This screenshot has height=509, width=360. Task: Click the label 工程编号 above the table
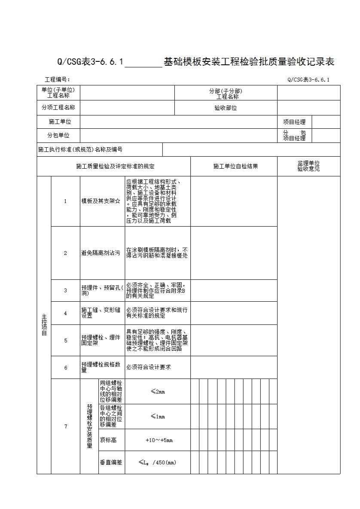pyautogui.click(x=58, y=79)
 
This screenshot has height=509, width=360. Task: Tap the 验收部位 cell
pyautogui.click(x=226, y=108)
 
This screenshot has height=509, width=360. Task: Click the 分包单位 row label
pyautogui.click(x=58, y=136)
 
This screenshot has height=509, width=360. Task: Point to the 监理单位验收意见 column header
pyautogui.click(x=308, y=166)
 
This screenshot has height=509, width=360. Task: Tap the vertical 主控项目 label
pyautogui.click(x=44, y=325)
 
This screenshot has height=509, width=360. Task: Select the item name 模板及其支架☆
pyautogui.click(x=101, y=201)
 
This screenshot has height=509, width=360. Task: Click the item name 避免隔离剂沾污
pyautogui.click(x=101, y=253)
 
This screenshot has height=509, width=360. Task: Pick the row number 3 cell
pyautogui.click(x=66, y=291)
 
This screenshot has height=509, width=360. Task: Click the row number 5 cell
pyautogui.click(x=66, y=341)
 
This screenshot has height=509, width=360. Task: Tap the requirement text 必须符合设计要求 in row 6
pyautogui.click(x=149, y=367)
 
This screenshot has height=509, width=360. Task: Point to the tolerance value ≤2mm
pyautogui.click(x=158, y=391)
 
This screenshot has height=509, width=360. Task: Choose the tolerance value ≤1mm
pyautogui.click(x=158, y=416)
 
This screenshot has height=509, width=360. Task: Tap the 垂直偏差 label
pyautogui.click(x=111, y=462)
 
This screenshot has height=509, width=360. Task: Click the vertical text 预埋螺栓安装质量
pyautogui.click(x=89, y=426)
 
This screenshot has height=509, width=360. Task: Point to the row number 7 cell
pyautogui.click(x=66, y=427)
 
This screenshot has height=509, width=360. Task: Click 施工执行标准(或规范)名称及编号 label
pyautogui.click(x=80, y=150)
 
